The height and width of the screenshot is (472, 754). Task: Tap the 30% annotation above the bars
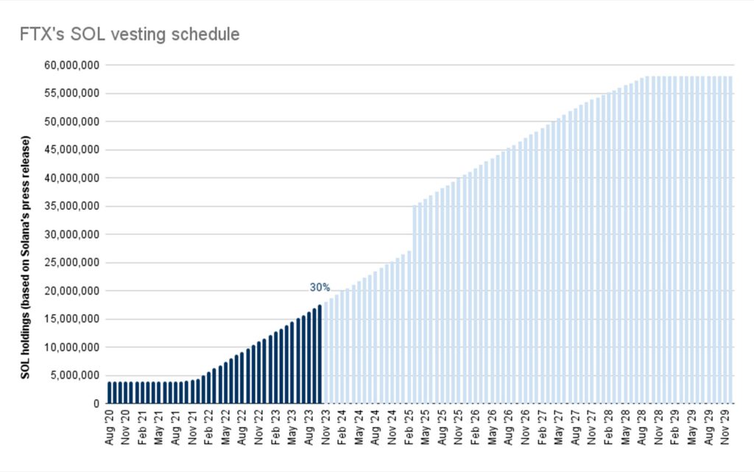pos(320,287)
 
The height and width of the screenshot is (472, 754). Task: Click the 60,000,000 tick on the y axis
pos(72,65)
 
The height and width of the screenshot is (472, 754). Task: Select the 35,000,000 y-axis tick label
pos(72,206)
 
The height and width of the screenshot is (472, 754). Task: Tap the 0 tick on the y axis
pos(96,404)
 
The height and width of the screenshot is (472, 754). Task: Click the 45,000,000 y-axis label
pos(72,149)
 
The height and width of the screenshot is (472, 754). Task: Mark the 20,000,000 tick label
pos(72,291)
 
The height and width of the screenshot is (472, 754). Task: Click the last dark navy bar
pos(320,354)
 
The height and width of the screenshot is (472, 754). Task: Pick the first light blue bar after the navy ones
pos(325,353)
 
